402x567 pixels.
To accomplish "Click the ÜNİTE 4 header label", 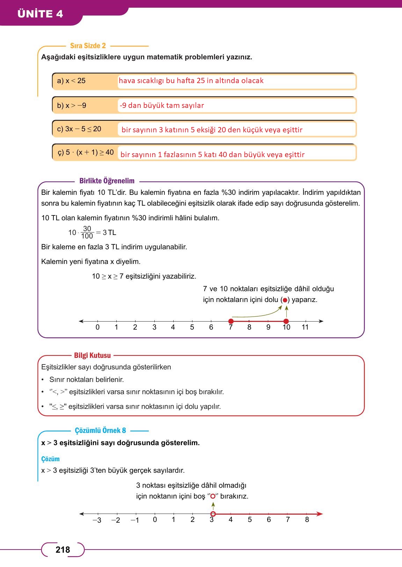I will click(x=40, y=14).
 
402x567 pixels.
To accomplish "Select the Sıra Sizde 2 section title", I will click(x=88, y=46).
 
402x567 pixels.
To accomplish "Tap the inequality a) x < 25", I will click(x=71, y=81).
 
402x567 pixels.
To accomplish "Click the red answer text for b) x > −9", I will click(x=162, y=105).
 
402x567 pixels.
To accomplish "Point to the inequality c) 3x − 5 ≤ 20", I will click(x=79, y=129).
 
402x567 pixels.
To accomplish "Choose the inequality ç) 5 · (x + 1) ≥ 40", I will click(x=86, y=152).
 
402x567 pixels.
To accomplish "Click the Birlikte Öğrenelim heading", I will click(x=107, y=181).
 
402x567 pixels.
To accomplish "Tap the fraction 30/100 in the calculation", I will click(x=87, y=232).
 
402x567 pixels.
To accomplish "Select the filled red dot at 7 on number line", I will click(x=231, y=321).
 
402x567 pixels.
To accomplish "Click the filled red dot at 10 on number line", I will click(x=286, y=321).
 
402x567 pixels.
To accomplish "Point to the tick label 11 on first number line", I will click(x=305, y=327).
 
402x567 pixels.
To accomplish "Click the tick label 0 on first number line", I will click(x=97, y=327).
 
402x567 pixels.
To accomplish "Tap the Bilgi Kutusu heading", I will click(x=92, y=355).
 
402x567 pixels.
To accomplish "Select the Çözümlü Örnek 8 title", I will click(x=100, y=430).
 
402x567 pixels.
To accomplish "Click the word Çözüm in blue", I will click(x=50, y=459).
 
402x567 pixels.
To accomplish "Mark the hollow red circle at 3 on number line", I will click(x=213, y=514).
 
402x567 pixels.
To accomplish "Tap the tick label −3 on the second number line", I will click(x=97, y=520).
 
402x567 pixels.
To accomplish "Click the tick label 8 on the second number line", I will click(x=307, y=520).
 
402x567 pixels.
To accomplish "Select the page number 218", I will click(x=63, y=550).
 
